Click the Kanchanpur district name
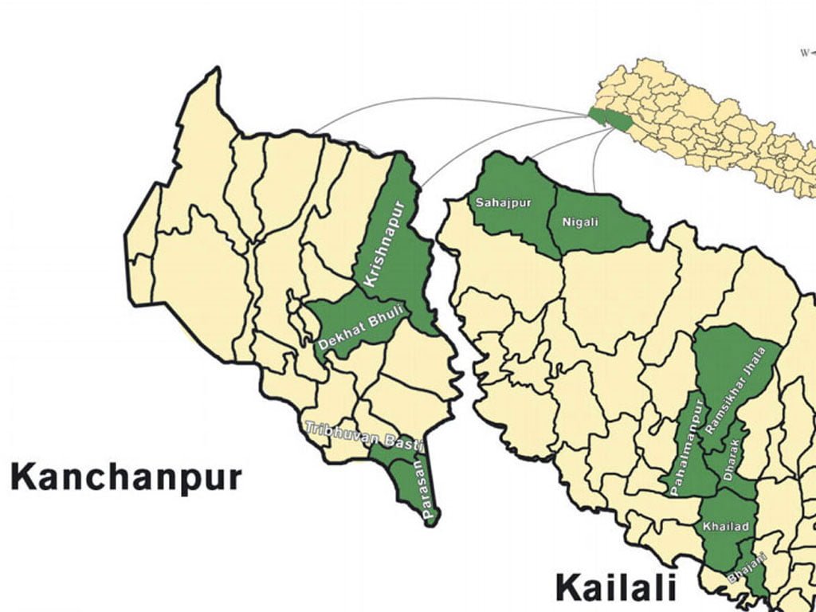coord(125,478)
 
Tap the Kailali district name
coord(616,587)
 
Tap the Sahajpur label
coord(496,202)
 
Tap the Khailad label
coord(721,527)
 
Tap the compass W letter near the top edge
coord(806,53)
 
